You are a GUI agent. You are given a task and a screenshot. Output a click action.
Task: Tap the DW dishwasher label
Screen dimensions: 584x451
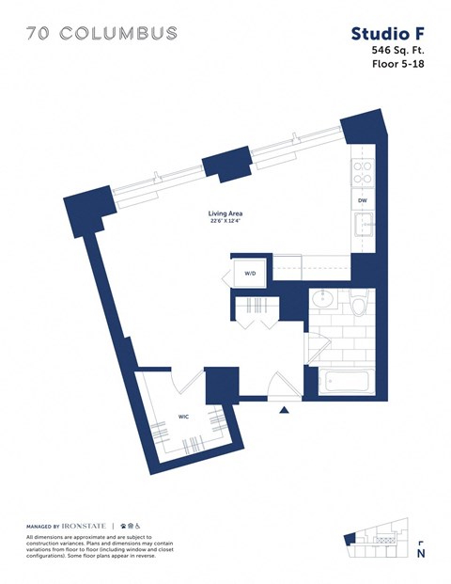[x=362, y=200]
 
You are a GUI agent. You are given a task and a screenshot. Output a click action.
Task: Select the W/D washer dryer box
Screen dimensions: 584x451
[x=251, y=273]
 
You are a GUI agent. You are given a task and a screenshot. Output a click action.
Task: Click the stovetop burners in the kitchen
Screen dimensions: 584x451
[x=362, y=170]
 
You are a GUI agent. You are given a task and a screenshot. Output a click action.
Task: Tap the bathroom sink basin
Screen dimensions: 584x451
[x=324, y=301]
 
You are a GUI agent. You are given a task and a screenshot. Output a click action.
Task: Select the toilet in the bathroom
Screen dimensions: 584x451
[x=357, y=303]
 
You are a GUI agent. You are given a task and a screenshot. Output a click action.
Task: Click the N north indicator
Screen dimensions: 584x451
[x=421, y=553]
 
